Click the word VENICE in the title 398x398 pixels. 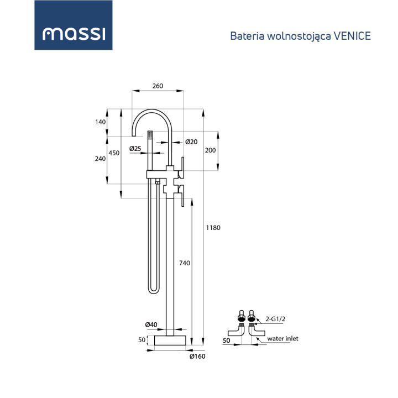(x=352, y=36)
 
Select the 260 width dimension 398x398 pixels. (x=158, y=86)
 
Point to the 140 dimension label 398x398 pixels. (x=100, y=122)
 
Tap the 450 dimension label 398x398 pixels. (x=113, y=153)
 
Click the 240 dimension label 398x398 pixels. (x=100, y=159)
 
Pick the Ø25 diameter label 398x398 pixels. (x=135, y=148)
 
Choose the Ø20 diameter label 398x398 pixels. (x=191, y=142)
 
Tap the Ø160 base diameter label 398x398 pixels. (x=197, y=357)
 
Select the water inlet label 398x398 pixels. (x=282, y=338)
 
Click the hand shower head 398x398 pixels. (x=149, y=135)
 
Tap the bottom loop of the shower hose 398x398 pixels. (x=154, y=290)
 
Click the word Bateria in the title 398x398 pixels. (x=245, y=36)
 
